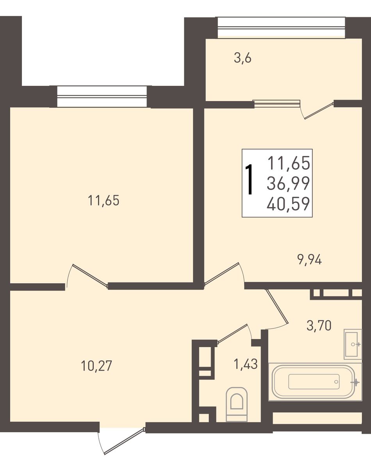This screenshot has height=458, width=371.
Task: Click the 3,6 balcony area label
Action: point(243,59)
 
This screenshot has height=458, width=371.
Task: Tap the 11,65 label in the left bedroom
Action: point(104,201)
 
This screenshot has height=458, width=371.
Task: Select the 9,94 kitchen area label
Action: point(310,259)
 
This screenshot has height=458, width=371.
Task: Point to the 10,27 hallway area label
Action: point(96,366)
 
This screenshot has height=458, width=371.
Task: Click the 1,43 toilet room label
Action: point(245,364)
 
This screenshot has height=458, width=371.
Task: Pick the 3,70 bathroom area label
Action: point(319,325)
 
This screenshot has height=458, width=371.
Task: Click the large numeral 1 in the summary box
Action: point(249,179)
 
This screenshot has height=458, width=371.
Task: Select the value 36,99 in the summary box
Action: point(288,183)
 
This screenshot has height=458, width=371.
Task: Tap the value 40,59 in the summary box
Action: point(288,204)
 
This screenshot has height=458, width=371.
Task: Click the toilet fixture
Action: point(237,404)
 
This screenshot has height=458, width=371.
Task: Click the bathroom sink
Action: point(353,344)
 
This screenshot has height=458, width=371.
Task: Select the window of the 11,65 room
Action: point(102,97)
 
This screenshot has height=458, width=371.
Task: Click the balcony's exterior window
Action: point(281,27)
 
